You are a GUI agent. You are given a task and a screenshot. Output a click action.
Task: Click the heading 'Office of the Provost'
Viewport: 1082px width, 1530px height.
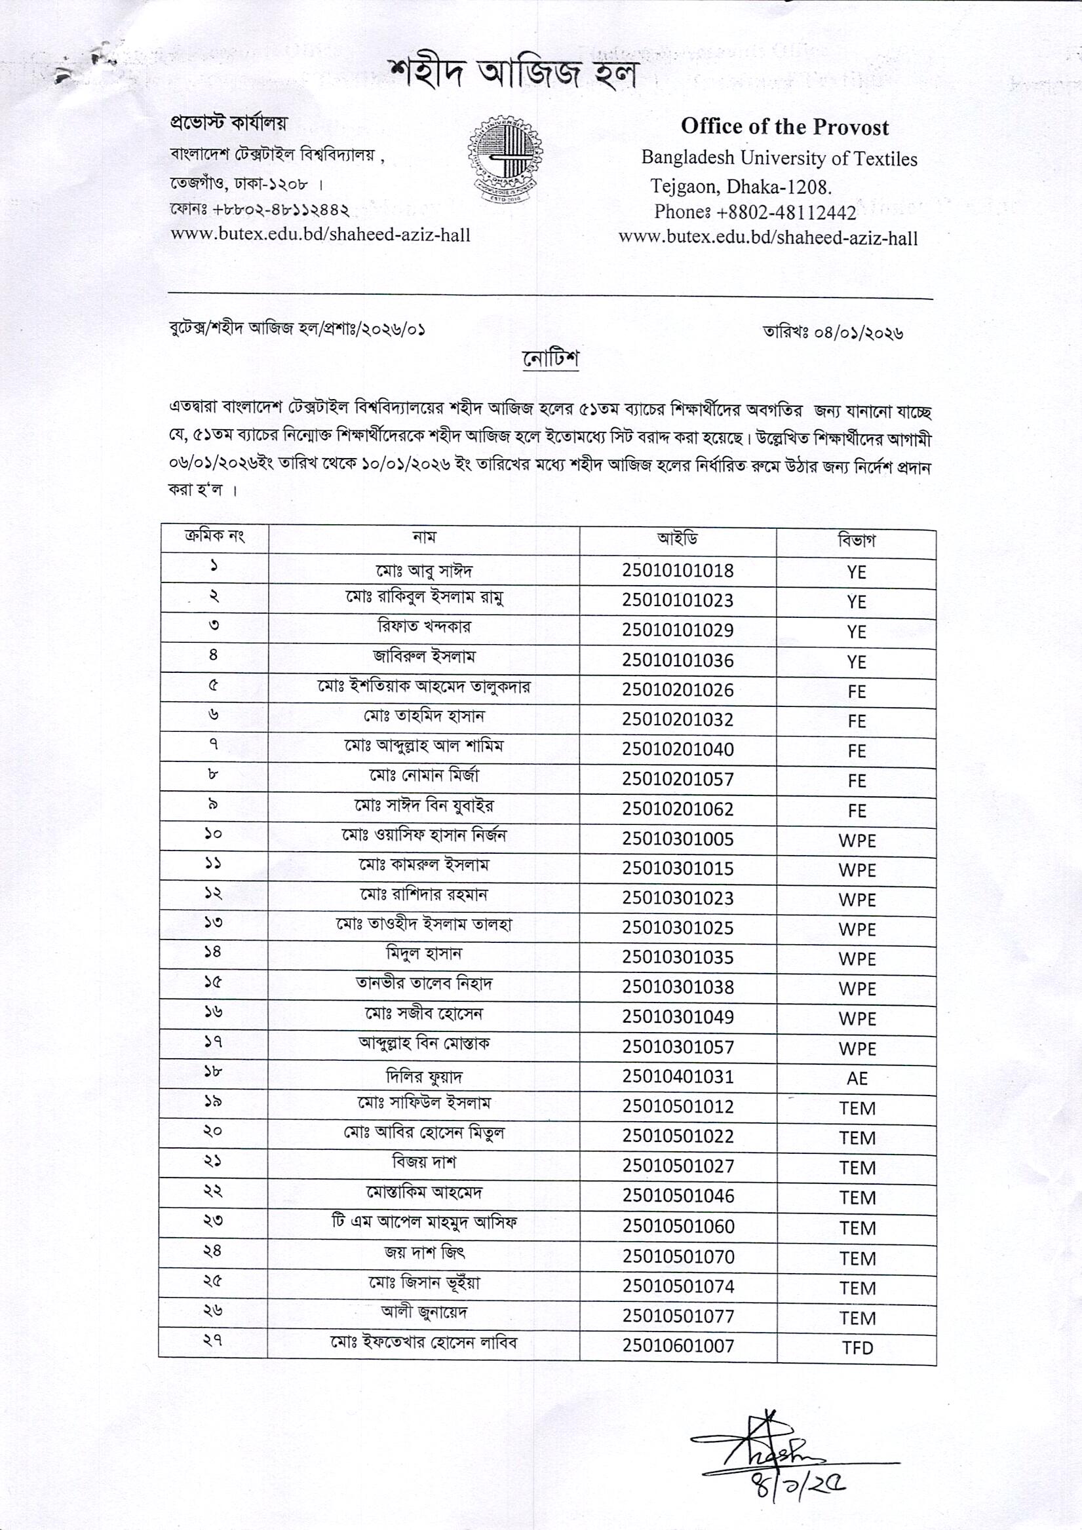click(784, 126)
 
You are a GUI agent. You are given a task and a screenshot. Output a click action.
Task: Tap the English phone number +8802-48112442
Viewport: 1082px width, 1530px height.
click(755, 212)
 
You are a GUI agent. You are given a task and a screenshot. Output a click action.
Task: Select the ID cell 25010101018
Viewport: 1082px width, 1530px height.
click(678, 571)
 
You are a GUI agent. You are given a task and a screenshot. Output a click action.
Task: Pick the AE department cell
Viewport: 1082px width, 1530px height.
click(857, 1078)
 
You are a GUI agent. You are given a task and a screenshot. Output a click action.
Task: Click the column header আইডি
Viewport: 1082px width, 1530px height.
click(678, 539)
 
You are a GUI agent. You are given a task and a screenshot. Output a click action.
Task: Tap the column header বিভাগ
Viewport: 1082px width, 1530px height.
click(857, 540)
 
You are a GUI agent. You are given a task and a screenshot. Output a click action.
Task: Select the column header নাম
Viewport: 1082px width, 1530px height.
click(424, 537)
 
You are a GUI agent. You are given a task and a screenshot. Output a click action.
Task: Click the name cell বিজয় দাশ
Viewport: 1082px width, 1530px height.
click(424, 1162)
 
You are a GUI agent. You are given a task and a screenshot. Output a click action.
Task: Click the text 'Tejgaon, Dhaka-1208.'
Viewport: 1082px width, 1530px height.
click(741, 185)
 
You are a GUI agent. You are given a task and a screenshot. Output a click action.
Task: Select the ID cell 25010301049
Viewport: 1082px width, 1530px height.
click(678, 1017)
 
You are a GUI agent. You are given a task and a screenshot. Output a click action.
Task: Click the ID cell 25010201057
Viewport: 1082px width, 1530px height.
click(678, 779)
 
